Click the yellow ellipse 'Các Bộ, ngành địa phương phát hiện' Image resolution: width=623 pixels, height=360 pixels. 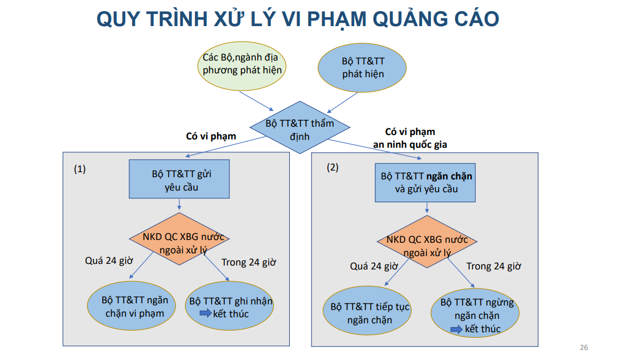pyautogui.click(x=242, y=64)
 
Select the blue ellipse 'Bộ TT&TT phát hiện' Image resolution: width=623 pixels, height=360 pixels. pyautogui.click(x=363, y=67)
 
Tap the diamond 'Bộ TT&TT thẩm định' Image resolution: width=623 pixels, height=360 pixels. pyautogui.click(x=300, y=128)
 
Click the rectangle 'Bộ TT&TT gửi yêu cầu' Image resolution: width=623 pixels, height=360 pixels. pyautogui.click(x=179, y=179)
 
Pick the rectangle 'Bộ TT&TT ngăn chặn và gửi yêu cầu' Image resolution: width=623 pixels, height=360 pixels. pyautogui.click(x=426, y=182)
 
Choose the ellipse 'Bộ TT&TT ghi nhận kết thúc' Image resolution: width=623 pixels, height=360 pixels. pyautogui.click(x=229, y=307)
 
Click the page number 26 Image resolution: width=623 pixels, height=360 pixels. pyautogui.click(x=584, y=348)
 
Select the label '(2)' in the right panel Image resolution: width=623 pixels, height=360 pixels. pyautogui.click(x=332, y=167)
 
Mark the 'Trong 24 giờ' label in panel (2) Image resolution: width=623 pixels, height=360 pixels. pyautogui.click(x=493, y=266)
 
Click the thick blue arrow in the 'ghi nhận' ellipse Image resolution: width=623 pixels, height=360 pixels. pyautogui.click(x=205, y=314)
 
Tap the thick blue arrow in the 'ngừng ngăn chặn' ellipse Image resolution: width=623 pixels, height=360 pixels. pyautogui.click(x=456, y=329)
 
